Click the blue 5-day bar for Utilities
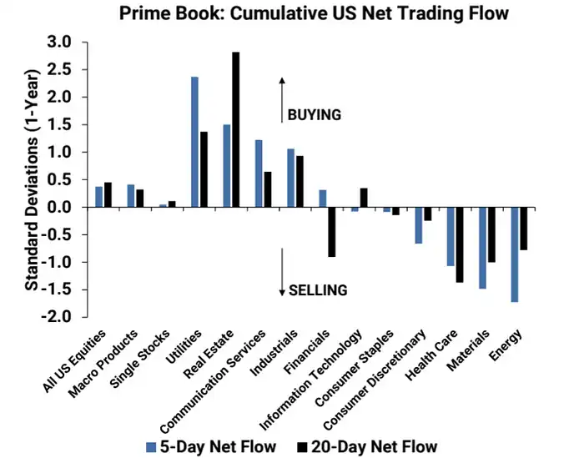point(194,142)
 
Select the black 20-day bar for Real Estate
point(236,129)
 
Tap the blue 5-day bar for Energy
point(515,254)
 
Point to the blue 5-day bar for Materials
point(482,248)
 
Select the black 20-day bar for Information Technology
point(364,198)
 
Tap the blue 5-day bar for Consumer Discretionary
point(418,225)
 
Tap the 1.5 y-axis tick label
point(60,124)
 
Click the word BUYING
point(315,115)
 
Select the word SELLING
point(318,290)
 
